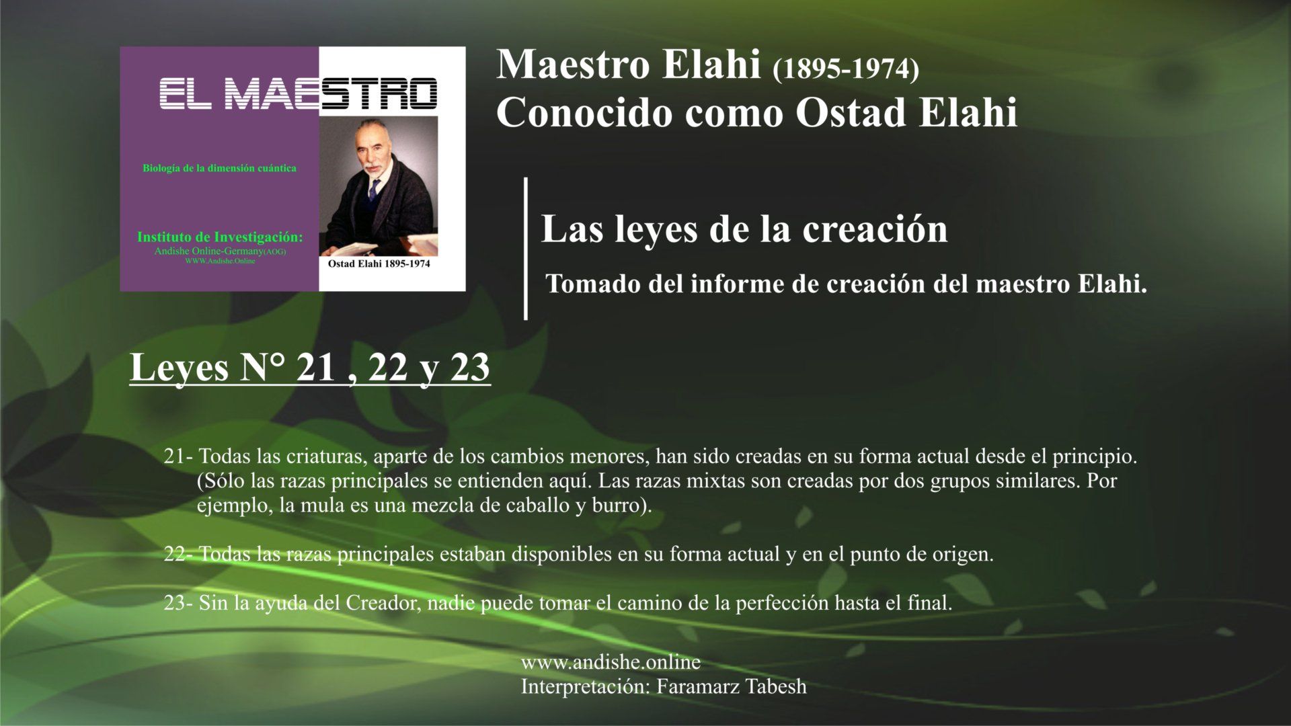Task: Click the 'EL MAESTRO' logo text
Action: pyautogui.click(x=297, y=95)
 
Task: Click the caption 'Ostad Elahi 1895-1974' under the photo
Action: pyautogui.click(x=379, y=264)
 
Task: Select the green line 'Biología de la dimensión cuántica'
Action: pyautogui.click(x=219, y=168)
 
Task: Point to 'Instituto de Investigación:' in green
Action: pyautogui.click(x=220, y=237)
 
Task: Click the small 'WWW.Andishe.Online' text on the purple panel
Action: pyautogui.click(x=220, y=261)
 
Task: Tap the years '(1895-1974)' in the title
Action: pyautogui.click(x=846, y=70)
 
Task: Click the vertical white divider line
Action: pyautogui.click(x=526, y=248)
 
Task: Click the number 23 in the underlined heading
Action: pyautogui.click(x=470, y=368)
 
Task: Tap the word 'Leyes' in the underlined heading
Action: pyautogui.click(x=180, y=369)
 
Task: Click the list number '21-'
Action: pyautogui.click(x=178, y=457)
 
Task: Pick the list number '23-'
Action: pyautogui.click(x=179, y=603)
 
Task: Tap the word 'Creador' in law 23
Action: pyautogui.click(x=383, y=603)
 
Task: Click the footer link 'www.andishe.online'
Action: pyautogui.click(x=611, y=663)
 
